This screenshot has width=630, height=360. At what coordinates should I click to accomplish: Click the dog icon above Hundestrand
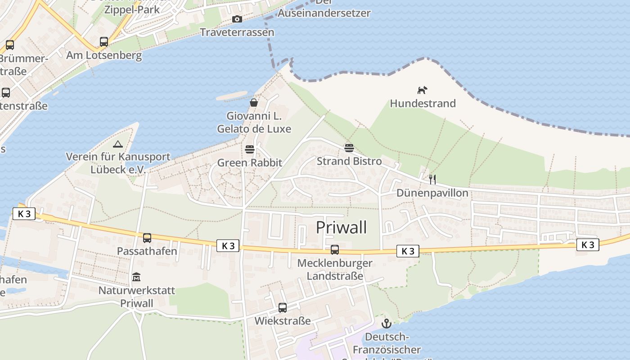pos(422,90)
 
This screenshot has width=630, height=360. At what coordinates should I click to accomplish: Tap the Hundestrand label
pos(423,103)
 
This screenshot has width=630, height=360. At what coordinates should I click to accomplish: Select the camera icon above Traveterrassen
pos(237,19)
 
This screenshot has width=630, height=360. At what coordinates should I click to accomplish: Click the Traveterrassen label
pos(237,32)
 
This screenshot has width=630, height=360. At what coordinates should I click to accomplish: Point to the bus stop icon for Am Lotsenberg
pos(104,42)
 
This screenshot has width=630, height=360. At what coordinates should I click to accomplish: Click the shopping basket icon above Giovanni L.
pos(254,103)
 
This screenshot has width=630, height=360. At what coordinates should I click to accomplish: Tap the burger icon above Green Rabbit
pos(250,149)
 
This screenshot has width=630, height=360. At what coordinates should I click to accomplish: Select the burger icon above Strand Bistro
pos(349,148)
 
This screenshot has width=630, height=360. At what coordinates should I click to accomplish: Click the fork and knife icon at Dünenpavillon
pos(432,180)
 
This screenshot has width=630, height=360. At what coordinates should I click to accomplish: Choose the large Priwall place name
pos(341,227)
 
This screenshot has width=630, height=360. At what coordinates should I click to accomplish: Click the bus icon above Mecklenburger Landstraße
pos(335,250)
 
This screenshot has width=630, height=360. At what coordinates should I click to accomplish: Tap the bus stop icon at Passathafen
pos(147,238)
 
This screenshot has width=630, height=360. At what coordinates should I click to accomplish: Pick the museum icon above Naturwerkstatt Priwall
pos(136,277)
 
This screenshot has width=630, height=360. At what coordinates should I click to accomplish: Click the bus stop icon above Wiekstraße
pos(283,308)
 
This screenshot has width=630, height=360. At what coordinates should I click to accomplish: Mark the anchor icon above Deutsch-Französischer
pos(386,324)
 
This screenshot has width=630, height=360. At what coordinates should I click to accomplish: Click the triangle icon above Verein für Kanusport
pos(118,144)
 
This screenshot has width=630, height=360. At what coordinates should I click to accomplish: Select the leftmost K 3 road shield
pos(24,214)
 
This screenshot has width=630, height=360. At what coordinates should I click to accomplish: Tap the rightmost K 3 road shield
pos(588,244)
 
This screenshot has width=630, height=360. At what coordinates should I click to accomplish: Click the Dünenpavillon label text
pos(432,193)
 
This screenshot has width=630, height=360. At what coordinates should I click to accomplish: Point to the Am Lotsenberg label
pos(104,55)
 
